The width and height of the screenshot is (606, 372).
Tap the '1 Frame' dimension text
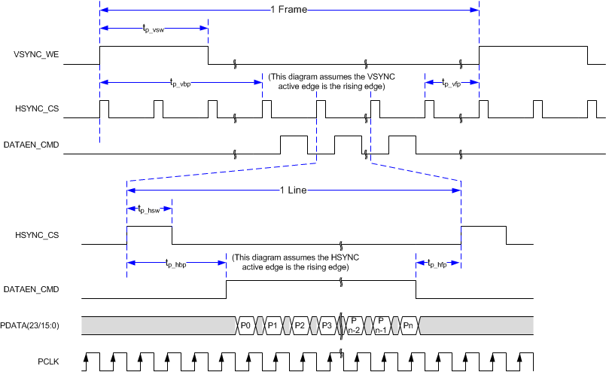tap(288, 10)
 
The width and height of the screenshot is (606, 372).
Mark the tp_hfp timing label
tap(438, 263)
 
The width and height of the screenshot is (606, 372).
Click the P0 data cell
tap(246, 325)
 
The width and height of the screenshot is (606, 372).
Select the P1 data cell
tap(273, 325)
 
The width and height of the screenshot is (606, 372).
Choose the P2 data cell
tap(300, 325)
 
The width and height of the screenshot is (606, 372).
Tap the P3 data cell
tap(326, 325)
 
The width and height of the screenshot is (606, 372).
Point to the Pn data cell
tap(409, 325)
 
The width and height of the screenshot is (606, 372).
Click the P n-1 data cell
tap(382, 325)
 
